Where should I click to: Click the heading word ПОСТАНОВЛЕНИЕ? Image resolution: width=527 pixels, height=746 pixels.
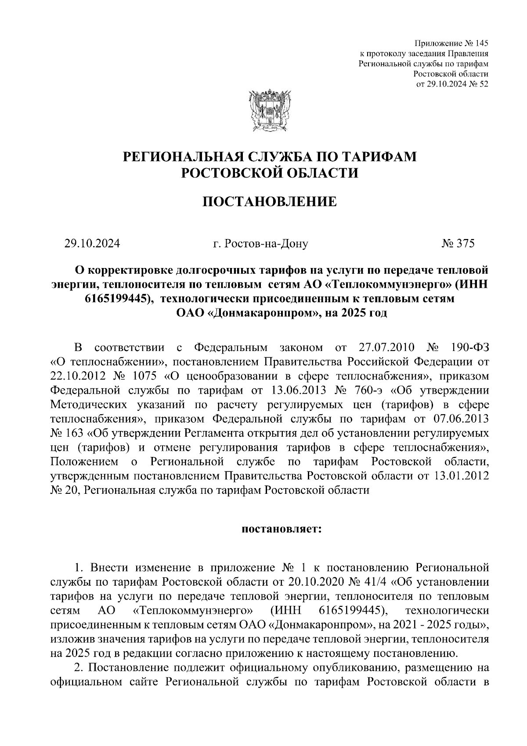click(269, 202)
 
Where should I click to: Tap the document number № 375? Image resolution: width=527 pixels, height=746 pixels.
click(458, 243)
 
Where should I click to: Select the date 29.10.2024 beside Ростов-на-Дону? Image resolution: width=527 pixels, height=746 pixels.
click(92, 243)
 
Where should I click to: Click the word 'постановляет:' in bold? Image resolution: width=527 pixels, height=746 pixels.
click(282, 529)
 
